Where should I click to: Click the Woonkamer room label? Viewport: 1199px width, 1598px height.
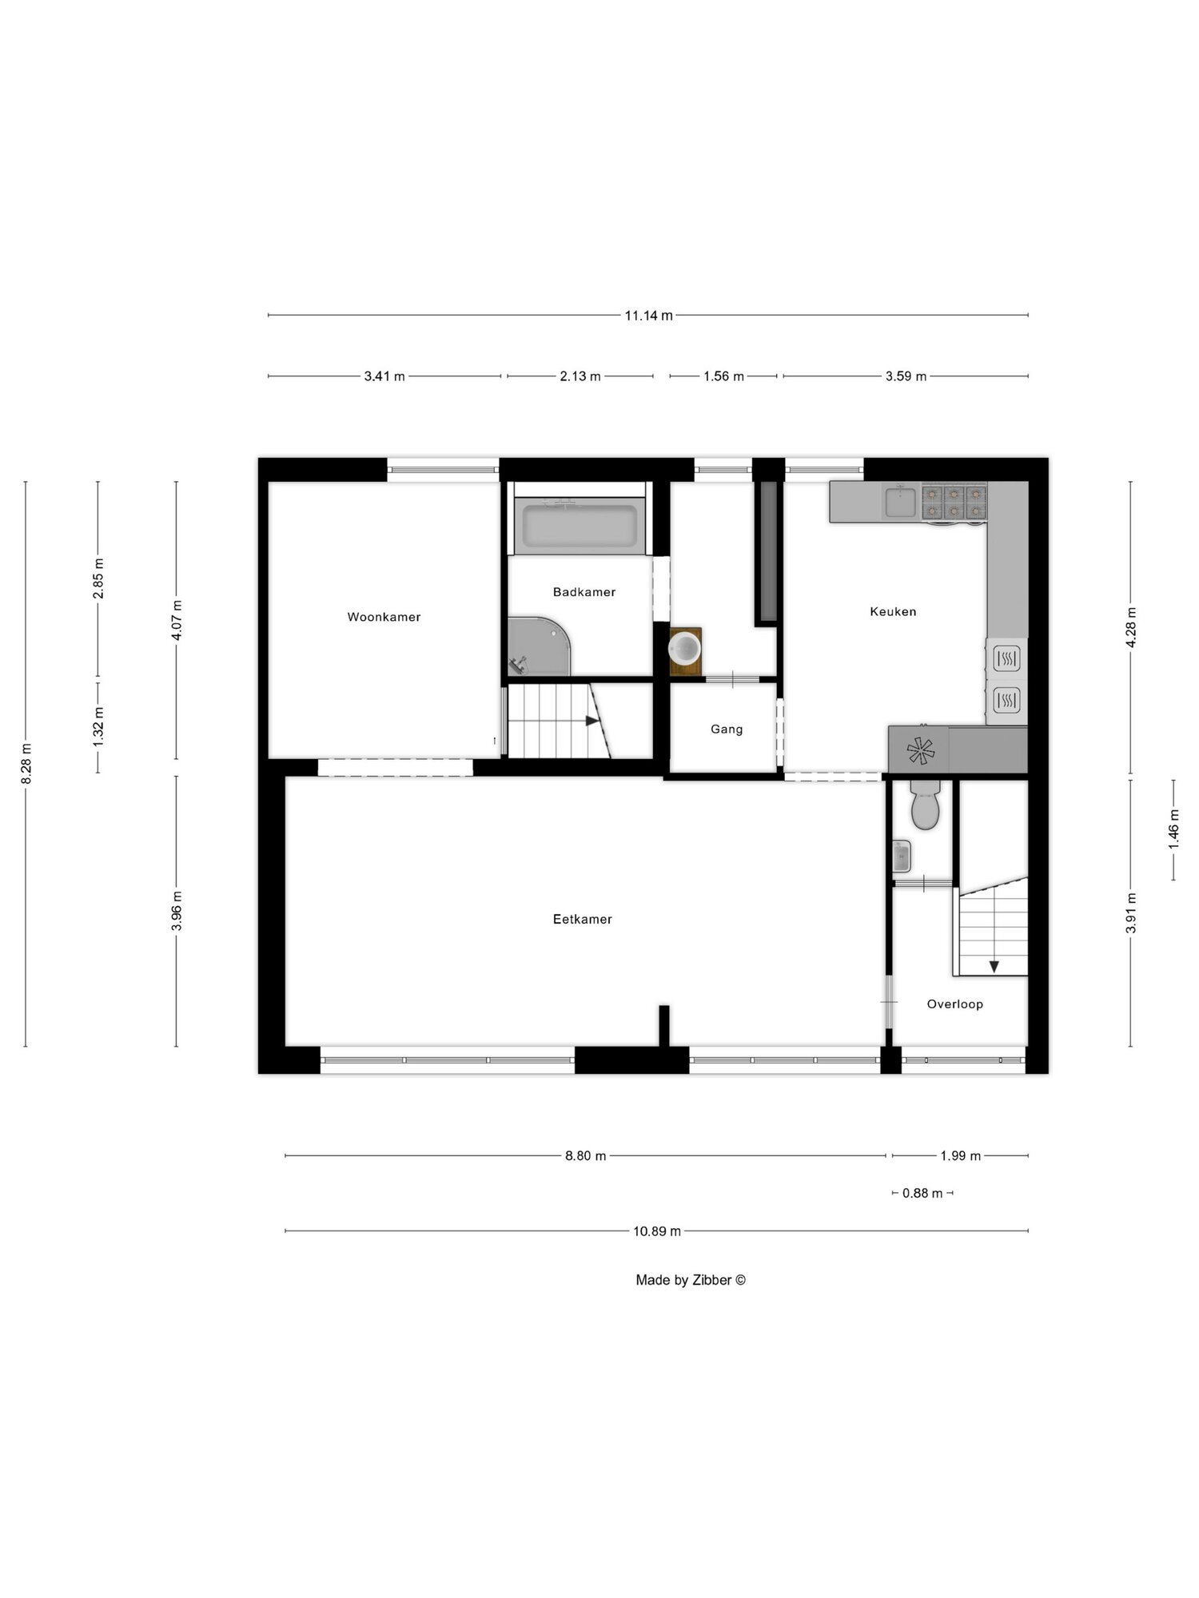pyautogui.click(x=384, y=617)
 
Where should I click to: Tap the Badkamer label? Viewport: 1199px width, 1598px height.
pyautogui.click(x=584, y=592)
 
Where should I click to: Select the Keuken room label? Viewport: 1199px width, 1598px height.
pyautogui.click(x=893, y=612)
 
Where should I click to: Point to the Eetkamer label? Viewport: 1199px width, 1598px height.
pyautogui.click(x=583, y=920)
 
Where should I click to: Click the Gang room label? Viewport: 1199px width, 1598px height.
pyautogui.click(x=727, y=729)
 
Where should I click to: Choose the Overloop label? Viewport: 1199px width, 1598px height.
pyautogui.click(x=955, y=1004)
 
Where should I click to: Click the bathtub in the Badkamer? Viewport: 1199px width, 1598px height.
pyautogui.click(x=580, y=526)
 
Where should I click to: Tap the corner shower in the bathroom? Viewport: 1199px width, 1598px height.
pyautogui.click(x=540, y=646)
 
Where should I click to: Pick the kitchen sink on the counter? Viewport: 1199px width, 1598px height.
pyautogui.click(x=902, y=502)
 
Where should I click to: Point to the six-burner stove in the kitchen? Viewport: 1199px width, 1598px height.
pyautogui.click(x=954, y=503)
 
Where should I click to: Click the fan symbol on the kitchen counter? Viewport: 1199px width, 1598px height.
pyautogui.click(x=920, y=751)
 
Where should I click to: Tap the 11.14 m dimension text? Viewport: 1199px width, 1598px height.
pyautogui.click(x=648, y=316)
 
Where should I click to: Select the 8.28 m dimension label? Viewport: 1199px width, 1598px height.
pyautogui.click(x=26, y=764)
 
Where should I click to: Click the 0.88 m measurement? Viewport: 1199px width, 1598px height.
pyautogui.click(x=922, y=1193)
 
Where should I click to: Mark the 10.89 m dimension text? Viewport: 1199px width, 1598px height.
pyautogui.click(x=657, y=1231)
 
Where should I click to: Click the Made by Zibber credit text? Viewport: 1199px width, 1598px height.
pyautogui.click(x=691, y=1280)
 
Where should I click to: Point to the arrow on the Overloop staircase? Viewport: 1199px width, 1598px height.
pyautogui.click(x=994, y=967)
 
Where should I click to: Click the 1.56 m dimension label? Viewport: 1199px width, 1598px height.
pyautogui.click(x=723, y=376)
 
